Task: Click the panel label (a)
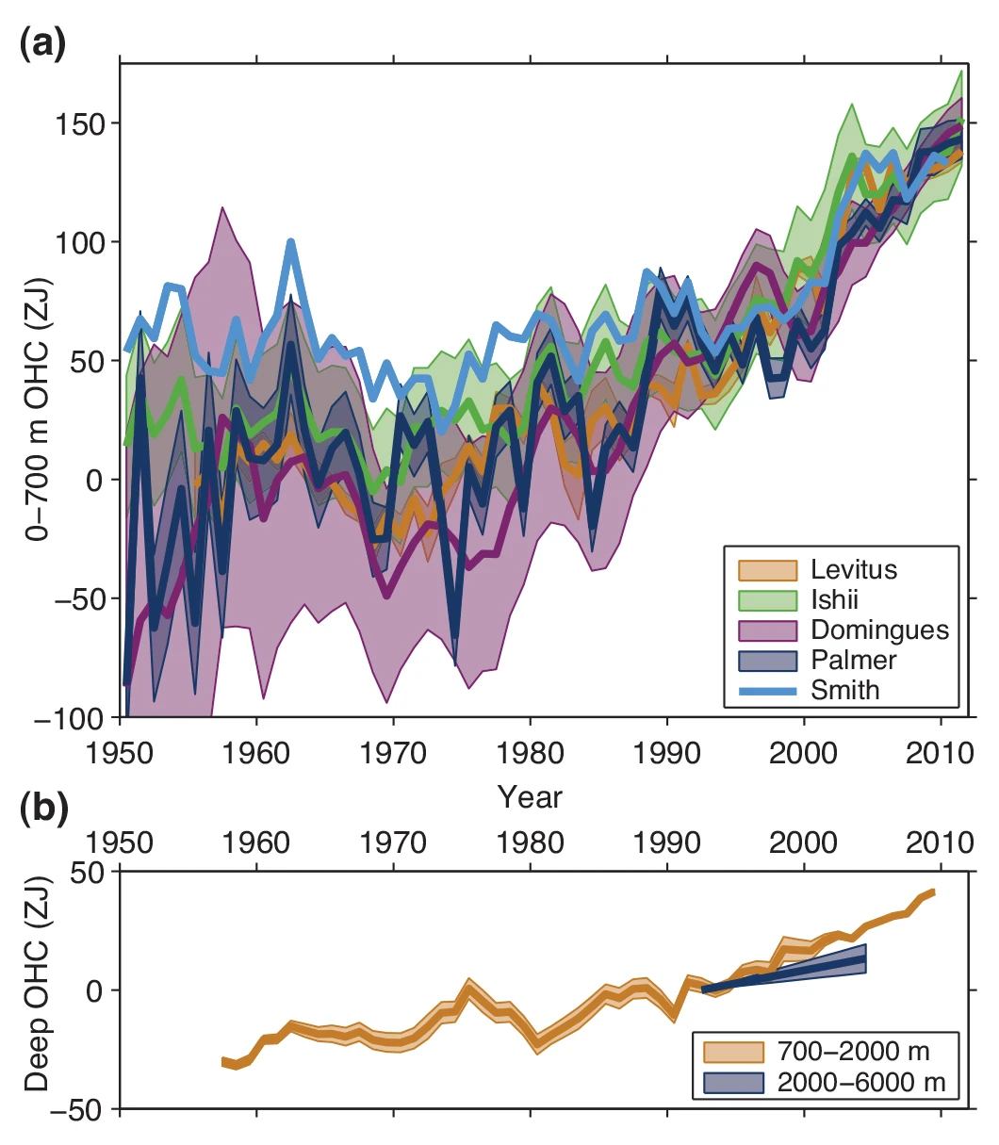click(43, 44)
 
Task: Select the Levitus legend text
click(854, 569)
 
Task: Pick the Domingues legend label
click(879, 630)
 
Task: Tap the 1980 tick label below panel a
click(531, 753)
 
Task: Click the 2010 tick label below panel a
click(941, 753)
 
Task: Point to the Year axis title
click(530, 797)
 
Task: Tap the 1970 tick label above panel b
click(394, 842)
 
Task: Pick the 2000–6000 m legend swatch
click(733, 1082)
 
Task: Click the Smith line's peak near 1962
click(291, 242)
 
